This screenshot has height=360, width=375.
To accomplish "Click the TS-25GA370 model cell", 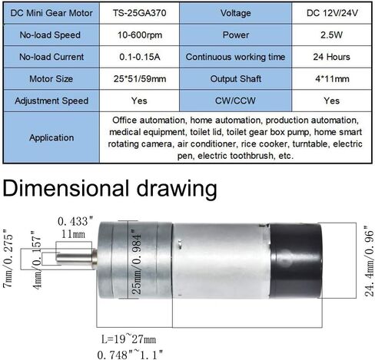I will pyautogui.click(x=138, y=13).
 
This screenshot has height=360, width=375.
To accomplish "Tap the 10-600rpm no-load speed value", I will pyautogui.click(x=138, y=35).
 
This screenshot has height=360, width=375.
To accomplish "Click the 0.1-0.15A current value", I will pyautogui.click(x=138, y=57).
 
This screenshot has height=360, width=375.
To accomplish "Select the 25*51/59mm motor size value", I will pyautogui.click(x=138, y=79).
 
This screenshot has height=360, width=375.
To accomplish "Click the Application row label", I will pyautogui.click(x=51, y=138).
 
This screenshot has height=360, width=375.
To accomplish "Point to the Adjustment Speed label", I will pyautogui.click(x=51, y=101).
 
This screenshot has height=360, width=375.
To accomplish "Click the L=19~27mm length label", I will pyautogui.click(x=131, y=338).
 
